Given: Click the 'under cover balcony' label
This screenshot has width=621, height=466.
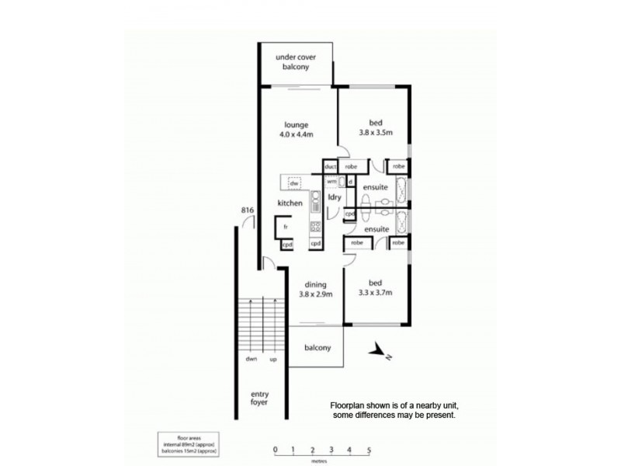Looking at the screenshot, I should pos(297,63).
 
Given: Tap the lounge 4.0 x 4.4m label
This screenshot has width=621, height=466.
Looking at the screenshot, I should pos(297,130).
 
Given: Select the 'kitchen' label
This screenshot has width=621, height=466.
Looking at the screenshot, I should pos(290,203).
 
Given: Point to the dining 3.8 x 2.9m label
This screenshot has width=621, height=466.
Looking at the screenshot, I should pos(316,289).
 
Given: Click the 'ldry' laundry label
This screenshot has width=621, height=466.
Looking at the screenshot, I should pos(335,197).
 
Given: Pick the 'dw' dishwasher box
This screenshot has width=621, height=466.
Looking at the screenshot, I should pos(294,183).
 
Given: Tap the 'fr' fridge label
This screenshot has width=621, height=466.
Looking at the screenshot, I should pos(286,226).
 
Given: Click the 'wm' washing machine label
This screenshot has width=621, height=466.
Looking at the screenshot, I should pos(331,181).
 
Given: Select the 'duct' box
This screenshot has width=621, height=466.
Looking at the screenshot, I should pos(330,166).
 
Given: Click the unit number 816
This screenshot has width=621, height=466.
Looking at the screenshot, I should pos(248,210).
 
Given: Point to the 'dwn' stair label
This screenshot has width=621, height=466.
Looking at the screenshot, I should pos(252,360).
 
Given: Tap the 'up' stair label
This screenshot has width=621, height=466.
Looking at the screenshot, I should pos(273,360).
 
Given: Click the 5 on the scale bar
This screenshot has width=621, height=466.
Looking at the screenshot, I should pos(369,450).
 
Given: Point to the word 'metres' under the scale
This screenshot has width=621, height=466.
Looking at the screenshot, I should pos(321,459).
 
